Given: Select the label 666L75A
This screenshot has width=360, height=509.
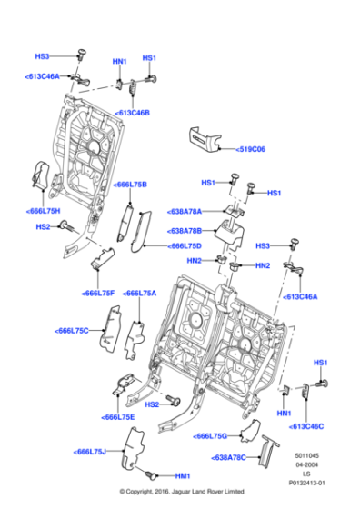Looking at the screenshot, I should pyautogui.click(x=140, y=294).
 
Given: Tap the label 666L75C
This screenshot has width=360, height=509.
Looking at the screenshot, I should pyautogui.click(x=72, y=330).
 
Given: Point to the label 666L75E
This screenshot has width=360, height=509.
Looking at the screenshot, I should pyautogui.click(x=119, y=416).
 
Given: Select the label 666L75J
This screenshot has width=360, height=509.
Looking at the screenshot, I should pyautogui.click(x=90, y=452).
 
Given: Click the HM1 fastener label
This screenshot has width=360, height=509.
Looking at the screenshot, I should pyautogui.click(x=183, y=476).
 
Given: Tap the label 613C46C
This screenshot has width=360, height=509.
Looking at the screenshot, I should pyautogui.click(x=306, y=425).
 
